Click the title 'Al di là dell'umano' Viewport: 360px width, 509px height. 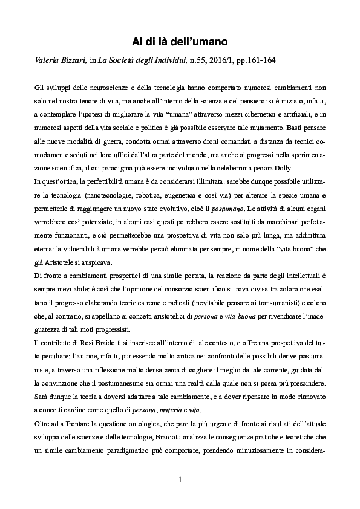pos(180,41)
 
